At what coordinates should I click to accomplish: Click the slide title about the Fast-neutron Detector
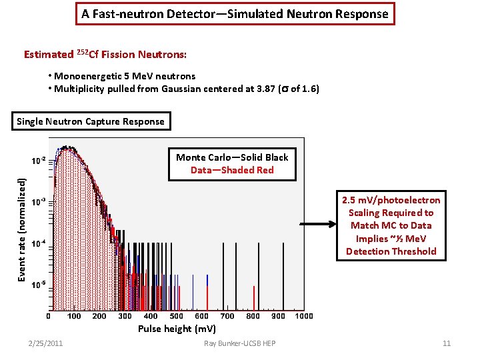click(x=234, y=13)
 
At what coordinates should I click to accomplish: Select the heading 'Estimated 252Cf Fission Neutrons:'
click(x=105, y=54)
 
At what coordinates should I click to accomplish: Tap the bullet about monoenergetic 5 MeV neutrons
click(x=122, y=76)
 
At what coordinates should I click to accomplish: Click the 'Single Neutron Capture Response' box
click(x=91, y=121)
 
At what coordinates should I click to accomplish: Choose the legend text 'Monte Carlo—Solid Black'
click(x=232, y=157)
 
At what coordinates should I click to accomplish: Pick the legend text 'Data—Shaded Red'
click(x=232, y=170)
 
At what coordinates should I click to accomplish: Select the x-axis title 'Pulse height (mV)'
click(x=177, y=328)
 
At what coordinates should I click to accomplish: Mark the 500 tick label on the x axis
click(x=176, y=316)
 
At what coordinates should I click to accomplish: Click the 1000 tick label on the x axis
click(x=304, y=316)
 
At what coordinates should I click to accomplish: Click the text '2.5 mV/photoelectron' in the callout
click(x=391, y=200)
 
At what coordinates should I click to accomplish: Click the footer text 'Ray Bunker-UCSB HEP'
click(x=240, y=343)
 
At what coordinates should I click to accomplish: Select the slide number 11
click(x=447, y=343)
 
